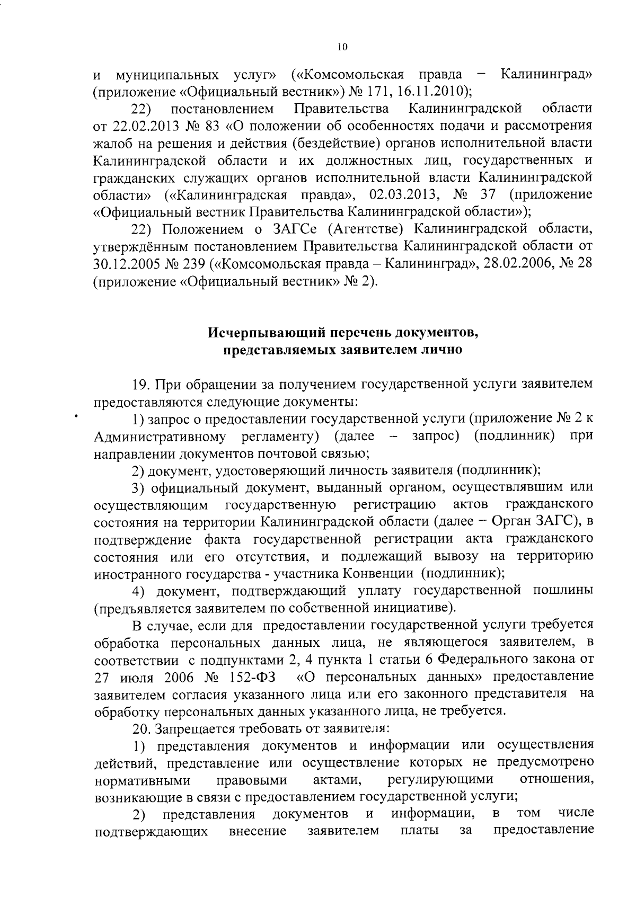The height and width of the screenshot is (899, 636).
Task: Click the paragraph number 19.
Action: click(x=139, y=384)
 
